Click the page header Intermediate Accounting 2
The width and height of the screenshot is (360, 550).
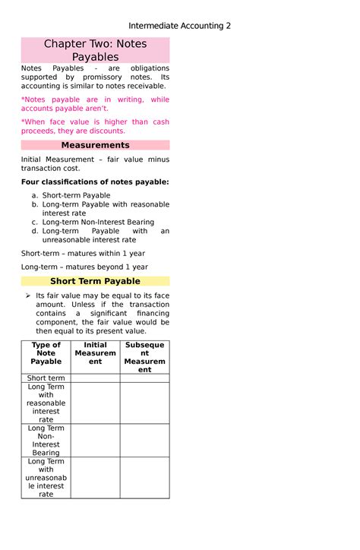179,26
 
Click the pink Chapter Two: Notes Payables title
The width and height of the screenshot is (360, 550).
95,50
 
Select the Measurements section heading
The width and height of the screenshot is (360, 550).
95,145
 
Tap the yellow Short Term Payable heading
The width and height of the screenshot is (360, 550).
95,281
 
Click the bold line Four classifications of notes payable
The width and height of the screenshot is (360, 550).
95,182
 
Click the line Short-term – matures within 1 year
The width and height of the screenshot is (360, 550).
83,253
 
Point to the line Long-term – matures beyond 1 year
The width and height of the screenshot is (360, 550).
84,267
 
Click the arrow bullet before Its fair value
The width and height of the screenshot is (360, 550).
27,295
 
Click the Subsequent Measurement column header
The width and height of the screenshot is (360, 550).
144,357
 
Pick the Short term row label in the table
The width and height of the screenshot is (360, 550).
46,378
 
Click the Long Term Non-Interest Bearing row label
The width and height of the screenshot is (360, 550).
46,441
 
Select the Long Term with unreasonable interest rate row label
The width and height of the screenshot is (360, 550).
46,478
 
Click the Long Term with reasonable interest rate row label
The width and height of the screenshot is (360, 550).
46,403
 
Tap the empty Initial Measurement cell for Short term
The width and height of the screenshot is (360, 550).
95,378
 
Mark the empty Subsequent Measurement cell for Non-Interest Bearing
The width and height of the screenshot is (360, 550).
144,441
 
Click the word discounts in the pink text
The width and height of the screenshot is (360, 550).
106,131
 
